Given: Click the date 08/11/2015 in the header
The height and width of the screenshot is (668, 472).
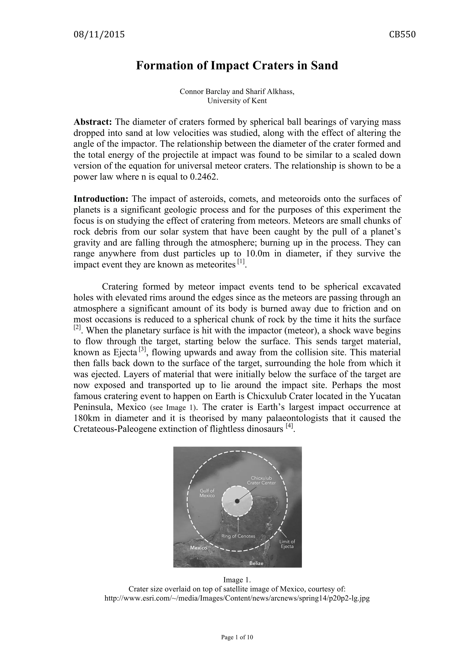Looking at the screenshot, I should (99, 35).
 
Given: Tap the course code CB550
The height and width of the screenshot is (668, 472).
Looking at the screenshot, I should (402, 35).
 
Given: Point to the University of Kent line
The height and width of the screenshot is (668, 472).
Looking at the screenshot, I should (237, 101).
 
